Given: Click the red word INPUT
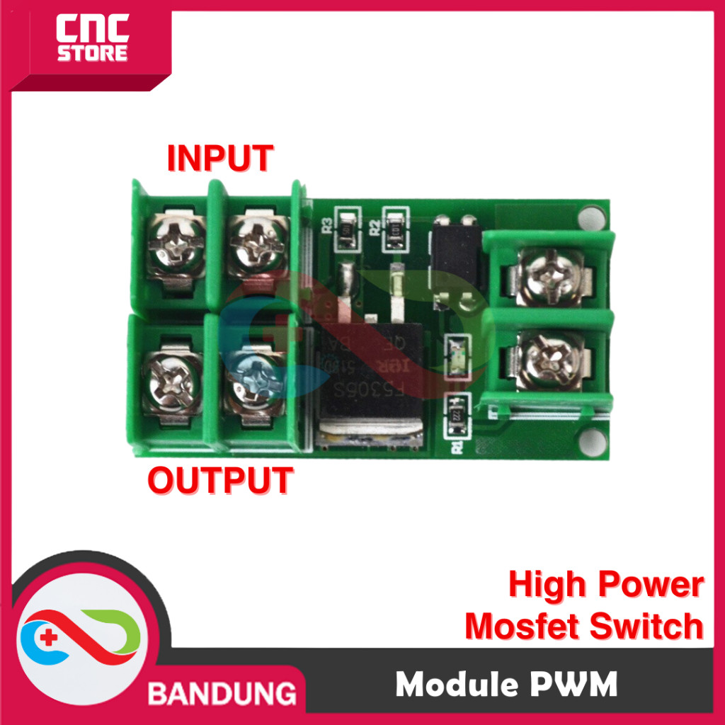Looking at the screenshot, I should point(219,158).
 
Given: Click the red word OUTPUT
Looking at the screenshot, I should point(219,481).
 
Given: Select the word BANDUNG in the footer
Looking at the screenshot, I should point(222,691).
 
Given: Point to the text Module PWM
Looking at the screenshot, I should point(506,685).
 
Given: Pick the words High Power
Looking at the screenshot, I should point(606,586).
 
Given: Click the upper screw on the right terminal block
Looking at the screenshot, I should point(551,275).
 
